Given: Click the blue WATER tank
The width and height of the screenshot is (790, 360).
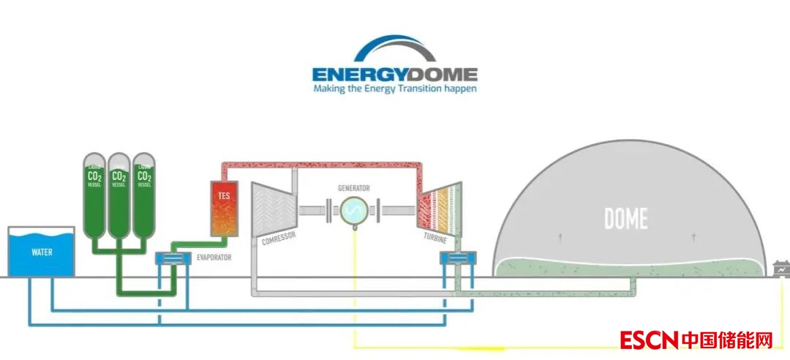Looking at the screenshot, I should [x=41, y=253].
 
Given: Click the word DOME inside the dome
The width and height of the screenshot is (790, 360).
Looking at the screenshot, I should [x=625, y=218].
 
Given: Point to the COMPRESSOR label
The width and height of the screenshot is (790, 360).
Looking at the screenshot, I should [x=272, y=240].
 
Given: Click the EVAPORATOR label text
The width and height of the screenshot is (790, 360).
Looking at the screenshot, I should [x=214, y=258].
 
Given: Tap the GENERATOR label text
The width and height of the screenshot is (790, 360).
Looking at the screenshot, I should [x=353, y=188].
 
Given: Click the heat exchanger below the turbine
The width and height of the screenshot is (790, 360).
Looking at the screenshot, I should [x=456, y=258].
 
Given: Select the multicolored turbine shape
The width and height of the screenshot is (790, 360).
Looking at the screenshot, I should [x=438, y=209].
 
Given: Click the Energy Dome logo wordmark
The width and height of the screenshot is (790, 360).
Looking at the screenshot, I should [x=394, y=74].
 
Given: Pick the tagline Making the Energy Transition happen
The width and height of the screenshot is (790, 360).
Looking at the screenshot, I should [x=394, y=89].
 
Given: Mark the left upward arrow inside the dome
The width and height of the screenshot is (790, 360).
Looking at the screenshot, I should [x=560, y=237].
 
